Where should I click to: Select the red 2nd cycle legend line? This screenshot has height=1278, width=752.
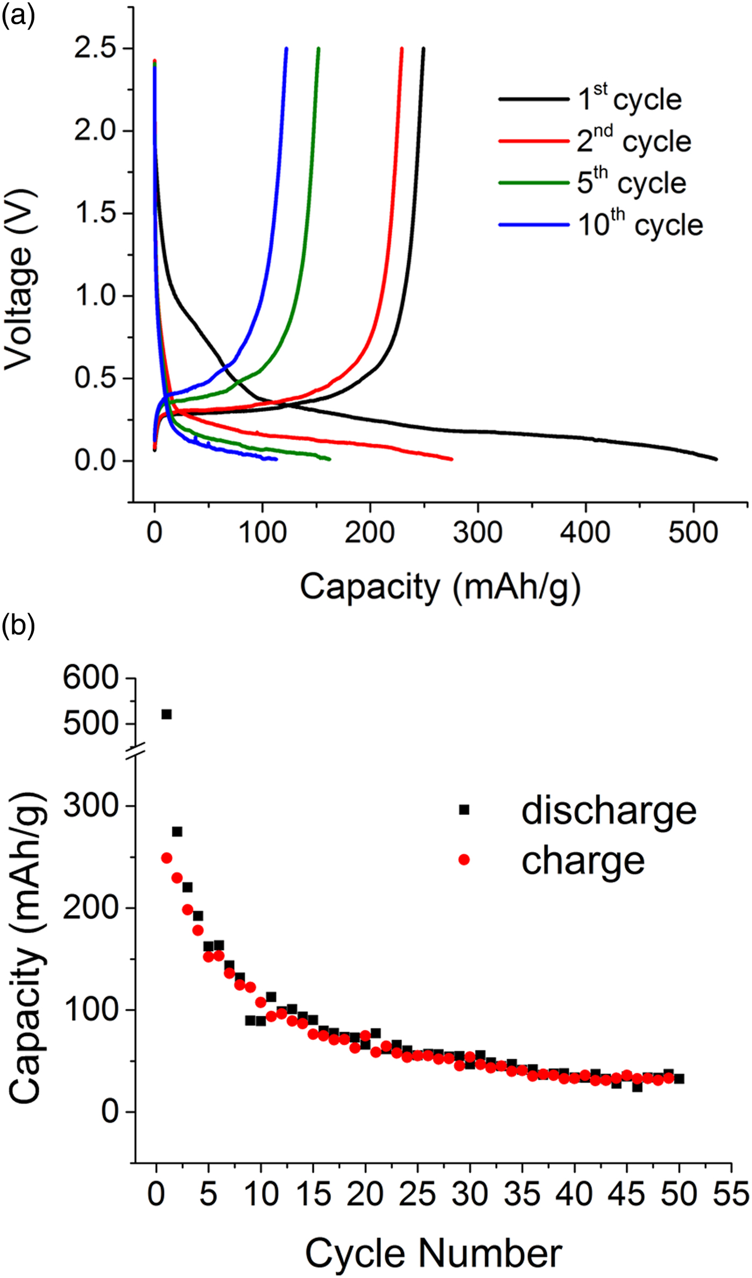[534, 141]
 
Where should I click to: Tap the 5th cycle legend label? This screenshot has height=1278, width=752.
[631, 183]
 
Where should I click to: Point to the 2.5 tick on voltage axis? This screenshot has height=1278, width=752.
[96, 48]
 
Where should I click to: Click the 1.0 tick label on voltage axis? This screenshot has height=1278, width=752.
[96, 296]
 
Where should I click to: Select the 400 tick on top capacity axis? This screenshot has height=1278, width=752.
[585, 532]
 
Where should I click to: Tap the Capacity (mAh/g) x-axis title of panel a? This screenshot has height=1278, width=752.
[440, 587]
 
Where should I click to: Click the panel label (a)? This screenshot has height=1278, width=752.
[18, 16]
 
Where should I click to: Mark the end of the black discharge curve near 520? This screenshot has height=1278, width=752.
[715, 459]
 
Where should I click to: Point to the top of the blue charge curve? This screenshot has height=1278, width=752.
[286, 49]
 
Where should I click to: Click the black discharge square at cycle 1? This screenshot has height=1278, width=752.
[167, 714]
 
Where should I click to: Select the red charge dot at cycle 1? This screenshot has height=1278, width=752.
[167, 858]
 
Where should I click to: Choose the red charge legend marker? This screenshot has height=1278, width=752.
[464, 860]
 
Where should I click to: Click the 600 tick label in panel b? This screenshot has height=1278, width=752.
[90, 678]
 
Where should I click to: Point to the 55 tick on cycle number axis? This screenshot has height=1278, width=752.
[731, 1194]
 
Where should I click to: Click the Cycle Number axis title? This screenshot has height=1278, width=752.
[433, 1253]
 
